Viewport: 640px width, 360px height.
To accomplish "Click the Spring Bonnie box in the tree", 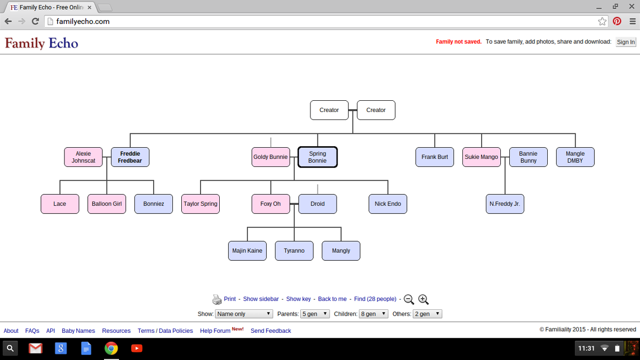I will click(x=317, y=157).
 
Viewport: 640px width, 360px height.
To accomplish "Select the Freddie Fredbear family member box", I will click(x=130, y=157).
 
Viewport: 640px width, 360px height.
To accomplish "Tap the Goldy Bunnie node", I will click(x=270, y=157).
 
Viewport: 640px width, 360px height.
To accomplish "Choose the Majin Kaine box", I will click(x=247, y=251).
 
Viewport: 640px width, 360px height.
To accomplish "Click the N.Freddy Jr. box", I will click(x=505, y=204).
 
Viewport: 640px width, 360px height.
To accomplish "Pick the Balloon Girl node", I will click(x=107, y=204).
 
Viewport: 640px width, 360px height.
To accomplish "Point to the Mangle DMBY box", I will click(x=575, y=157).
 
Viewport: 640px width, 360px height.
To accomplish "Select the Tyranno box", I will click(x=294, y=251).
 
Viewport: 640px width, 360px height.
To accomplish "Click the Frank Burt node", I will click(x=435, y=157).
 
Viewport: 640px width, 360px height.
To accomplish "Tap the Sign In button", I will click(x=626, y=42).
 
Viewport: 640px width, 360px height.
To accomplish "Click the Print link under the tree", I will click(x=230, y=299).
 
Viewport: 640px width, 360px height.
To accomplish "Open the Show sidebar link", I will click(x=261, y=299).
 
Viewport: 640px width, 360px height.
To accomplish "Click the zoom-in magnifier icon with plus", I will click(x=423, y=299).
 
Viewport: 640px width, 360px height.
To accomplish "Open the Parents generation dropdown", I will click(x=315, y=314).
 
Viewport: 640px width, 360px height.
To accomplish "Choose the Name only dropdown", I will click(x=244, y=314).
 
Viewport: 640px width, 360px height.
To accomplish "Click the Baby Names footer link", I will click(x=78, y=331).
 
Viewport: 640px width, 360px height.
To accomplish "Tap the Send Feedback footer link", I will click(x=271, y=331).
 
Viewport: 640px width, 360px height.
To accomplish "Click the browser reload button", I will click(x=35, y=21).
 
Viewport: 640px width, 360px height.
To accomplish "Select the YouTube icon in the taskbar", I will click(x=137, y=349).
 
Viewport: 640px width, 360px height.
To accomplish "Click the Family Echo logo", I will click(x=42, y=43).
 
